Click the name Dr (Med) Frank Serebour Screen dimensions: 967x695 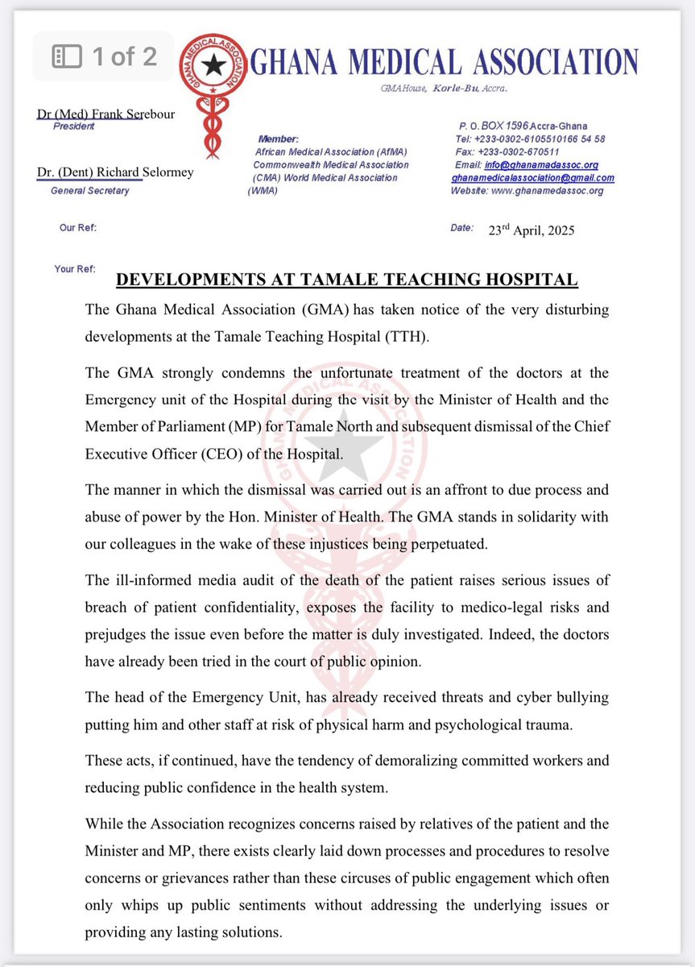[105, 114]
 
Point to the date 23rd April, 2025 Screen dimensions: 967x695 [532, 230]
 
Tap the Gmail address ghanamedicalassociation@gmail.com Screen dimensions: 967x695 [532, 177]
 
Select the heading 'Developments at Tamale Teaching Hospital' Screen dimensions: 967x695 [347, 280]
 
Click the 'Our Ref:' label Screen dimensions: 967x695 [78, 228]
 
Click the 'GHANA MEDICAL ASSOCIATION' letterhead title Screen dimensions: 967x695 [444, 62]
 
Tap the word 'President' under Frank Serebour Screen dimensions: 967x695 [73, 127]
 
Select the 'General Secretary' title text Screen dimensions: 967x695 [89, 191]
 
